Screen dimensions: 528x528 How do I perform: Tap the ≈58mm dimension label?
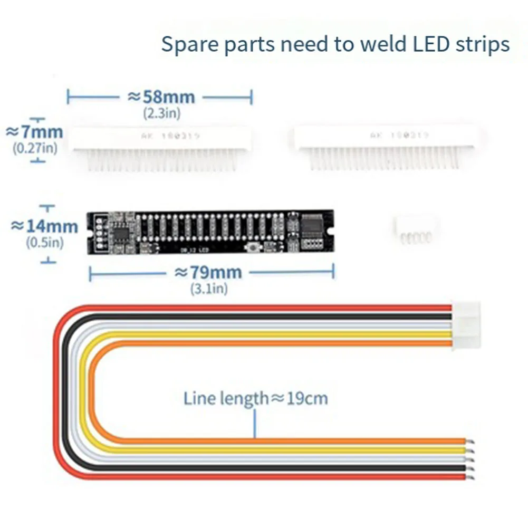tap(161, 97)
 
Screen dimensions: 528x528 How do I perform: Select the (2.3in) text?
tap(161, 112)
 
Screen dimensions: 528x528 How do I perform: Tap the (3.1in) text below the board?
tap(209, 289)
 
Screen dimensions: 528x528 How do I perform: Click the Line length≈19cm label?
tap(255, 398)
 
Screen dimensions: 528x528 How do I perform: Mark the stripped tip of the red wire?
tap(470, 478)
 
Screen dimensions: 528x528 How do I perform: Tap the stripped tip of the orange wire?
tap(470, 441)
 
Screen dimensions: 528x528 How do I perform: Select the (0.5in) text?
tap(44, 243)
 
